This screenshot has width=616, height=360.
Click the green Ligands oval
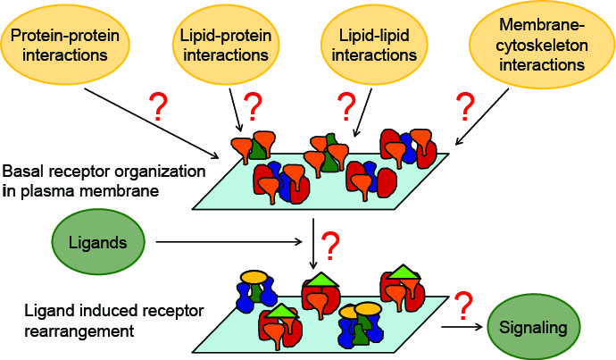click(x=89, y=241)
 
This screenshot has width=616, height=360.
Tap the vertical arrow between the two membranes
click(x=312, y=243)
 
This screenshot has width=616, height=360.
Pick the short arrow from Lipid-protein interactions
click(x=237, y=113)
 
